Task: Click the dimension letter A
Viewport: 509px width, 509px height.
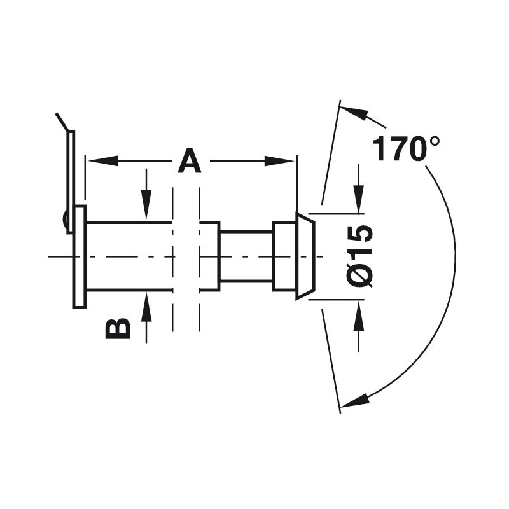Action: pos(190,161)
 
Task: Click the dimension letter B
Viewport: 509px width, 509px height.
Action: pos(118,328)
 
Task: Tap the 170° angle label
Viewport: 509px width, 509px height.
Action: pos(406,149)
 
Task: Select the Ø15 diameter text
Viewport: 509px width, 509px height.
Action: pos(360,256)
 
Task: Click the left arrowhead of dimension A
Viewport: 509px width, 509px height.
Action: pos(102,161)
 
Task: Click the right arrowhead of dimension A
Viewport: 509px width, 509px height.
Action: pos(279,161)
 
